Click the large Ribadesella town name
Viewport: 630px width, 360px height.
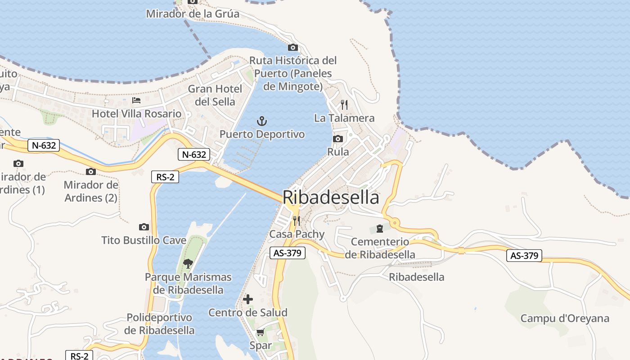[331, 198]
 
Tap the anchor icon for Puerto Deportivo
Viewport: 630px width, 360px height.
[261, 121]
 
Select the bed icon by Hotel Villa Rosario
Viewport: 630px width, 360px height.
[136, 100]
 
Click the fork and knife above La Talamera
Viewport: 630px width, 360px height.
[344, 104]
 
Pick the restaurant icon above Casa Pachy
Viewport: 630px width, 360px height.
[296, 220]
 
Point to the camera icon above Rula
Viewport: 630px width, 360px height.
[338, 139]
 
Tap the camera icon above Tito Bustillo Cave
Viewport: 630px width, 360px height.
[144, 227]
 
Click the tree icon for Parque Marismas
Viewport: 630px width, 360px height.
[188, 263]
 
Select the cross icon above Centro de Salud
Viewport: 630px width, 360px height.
[248, 299]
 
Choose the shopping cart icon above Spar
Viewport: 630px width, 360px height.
[261, 333]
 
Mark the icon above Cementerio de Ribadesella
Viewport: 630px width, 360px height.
[380, 228]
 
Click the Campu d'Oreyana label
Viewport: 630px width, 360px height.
[565, 319]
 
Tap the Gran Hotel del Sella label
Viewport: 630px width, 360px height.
[215, 95]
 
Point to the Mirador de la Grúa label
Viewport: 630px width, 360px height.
[193, 14]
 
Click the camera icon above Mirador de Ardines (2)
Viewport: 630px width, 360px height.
[91, 171]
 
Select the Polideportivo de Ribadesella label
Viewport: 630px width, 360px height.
[159, 324]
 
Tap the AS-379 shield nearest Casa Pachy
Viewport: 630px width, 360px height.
[288, 253]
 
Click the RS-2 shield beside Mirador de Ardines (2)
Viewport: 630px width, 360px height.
[165, 177]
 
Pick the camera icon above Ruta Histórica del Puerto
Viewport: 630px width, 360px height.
[293, 47]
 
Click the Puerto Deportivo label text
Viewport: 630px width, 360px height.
[262, 134]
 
